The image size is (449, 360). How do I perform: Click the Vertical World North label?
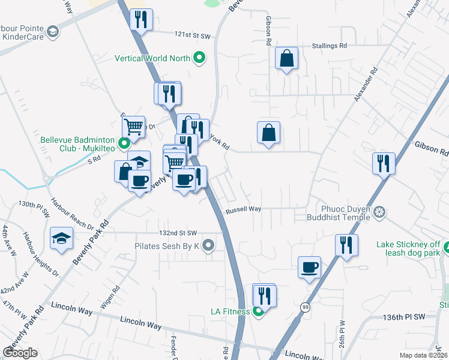pos(152,59)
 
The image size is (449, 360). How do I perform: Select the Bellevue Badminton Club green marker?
pos(124,143)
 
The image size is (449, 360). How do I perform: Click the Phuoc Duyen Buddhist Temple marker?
pos(379,212)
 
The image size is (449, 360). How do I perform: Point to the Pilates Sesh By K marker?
pos(208,245)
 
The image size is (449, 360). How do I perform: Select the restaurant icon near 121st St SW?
pos(142,20)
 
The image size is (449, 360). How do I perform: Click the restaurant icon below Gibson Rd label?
pos(384,163)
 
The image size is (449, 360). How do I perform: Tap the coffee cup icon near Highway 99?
pos(309,268)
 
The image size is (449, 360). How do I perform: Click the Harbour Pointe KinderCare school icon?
pos(53,31)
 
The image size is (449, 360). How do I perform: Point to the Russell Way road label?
pos(243,210)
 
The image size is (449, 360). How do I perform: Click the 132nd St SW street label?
pos(178,233)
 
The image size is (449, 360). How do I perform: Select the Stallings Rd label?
pos(330,46)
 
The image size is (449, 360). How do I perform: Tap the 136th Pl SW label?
pos(403,316)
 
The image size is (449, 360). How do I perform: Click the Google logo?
pos(20,353)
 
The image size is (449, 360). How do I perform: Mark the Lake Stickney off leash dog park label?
pos(411,249)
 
